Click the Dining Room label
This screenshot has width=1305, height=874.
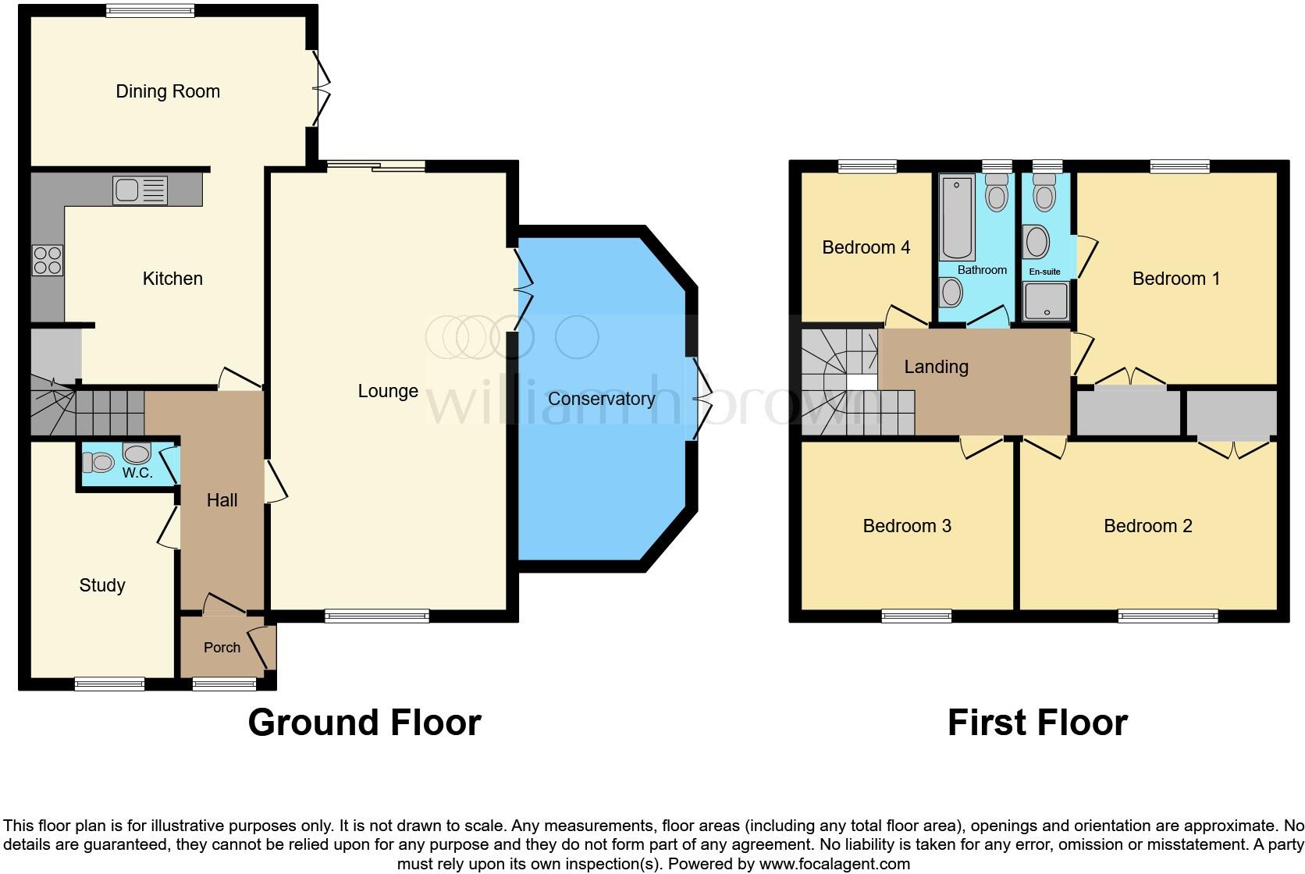click(x=168, y=91)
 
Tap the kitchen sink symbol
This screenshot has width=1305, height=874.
click(x=140, y=190)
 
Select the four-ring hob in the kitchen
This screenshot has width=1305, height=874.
click(x=47, y=260)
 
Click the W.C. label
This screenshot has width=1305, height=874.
click(x=137, y=473)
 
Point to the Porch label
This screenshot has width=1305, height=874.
click(x=222, y=648)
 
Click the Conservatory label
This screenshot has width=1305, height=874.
click(x=601, y=399)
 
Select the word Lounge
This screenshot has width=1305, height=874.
click(x=388, y=391)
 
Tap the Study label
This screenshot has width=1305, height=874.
click(x=102, y=585)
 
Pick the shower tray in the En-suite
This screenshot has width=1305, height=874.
click(x=1046, y=301)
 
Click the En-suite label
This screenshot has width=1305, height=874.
click(x=1044, y=272)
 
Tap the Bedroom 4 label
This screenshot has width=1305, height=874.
click(x=866, y=247)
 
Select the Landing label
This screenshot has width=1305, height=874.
click(x=936, y=367)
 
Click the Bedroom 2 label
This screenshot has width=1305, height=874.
click(x=1147, y=526)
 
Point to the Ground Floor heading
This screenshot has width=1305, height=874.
click(x=364, y=723)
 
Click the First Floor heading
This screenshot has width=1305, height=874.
click(x=1037, y=723)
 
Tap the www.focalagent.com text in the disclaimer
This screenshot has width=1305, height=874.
click(x=834, y=864)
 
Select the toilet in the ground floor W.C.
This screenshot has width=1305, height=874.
click(x=98, y=463)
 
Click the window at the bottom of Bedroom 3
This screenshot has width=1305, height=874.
click(x=916, y=616)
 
